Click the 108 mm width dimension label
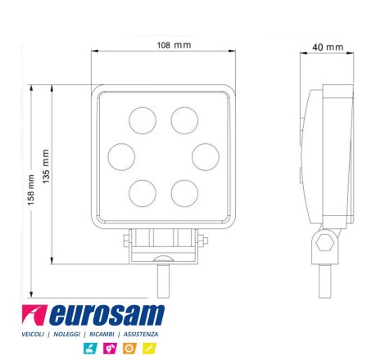(174, 45)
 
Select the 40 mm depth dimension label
(328, 47)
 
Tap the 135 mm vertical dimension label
(46, 166)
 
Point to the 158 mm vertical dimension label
(30, 190)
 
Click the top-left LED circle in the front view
(143, 120)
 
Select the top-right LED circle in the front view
(184, 120)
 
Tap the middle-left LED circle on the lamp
(121, 157)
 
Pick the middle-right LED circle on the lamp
(206, 157)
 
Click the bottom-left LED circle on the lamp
(143, 193)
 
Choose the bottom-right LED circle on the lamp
(184, 193)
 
